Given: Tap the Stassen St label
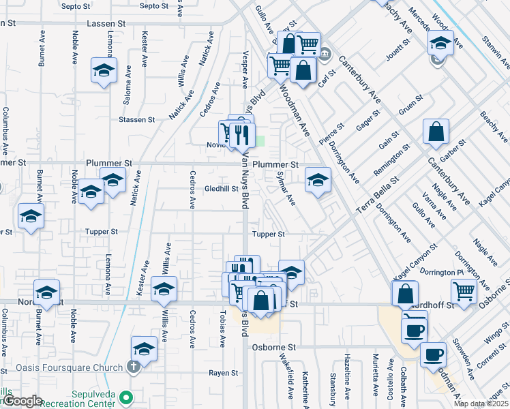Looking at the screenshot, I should [x=136, y=120].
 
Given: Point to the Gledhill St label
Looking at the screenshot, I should [x=220, y=189].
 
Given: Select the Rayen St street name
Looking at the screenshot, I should [x=223, y=373].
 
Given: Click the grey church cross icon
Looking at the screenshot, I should [x=134, y=367].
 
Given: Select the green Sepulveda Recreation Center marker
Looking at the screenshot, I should [x=125, y=397].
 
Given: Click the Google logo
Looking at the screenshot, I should [x=22, y=402].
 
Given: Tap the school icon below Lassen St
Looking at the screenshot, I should [x=104, y=70].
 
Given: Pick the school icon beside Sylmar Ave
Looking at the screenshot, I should [x=317, y=180].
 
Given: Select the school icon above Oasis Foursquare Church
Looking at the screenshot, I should [x=144, y=349].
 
